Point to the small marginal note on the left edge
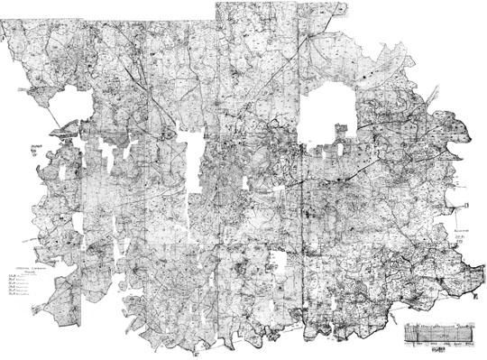click(36, 147)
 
